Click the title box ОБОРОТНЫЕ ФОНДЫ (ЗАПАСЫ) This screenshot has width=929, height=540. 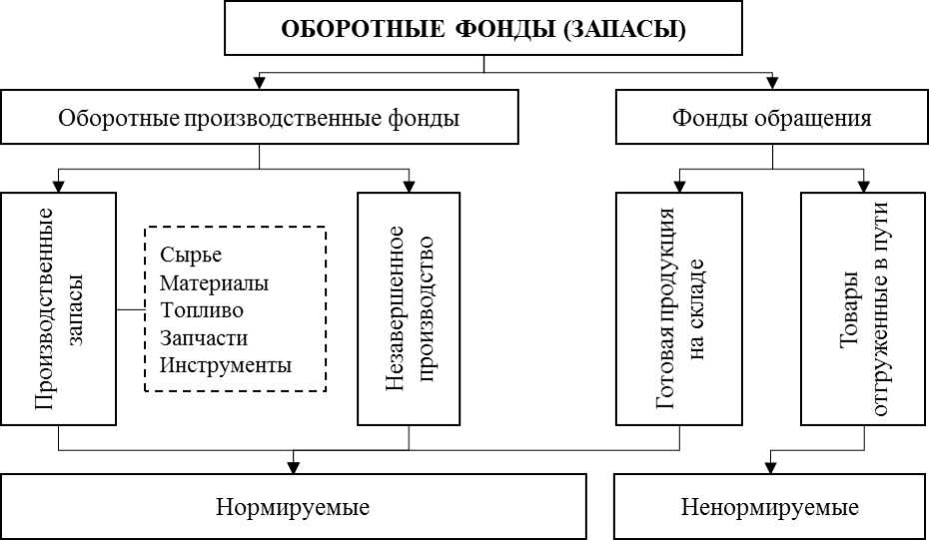click(x=483, y=28)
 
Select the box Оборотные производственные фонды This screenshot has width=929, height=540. click(x=259, y=118)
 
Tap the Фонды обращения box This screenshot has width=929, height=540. click(x=771, y=118)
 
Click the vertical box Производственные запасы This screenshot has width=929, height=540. click(x=59, y=308)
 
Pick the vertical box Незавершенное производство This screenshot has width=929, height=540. click(x=409, y=308)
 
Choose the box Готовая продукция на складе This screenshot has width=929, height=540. click(x=679, y=308)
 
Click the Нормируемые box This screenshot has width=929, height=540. click(x=293, y=506)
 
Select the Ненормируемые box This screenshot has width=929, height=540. click(x=770, y=506)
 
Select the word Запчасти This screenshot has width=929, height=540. click(x=204, y=337)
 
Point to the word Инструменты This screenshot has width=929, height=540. click(x=226, y=364)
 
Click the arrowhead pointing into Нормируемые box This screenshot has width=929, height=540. click(x=293, y=464)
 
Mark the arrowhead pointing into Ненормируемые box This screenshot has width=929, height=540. click(x=770, y=464)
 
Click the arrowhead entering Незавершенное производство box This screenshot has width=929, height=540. click(x=409, y=184)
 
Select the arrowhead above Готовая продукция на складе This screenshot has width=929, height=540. click(x=679, y=184)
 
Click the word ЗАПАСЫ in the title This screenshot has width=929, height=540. click(x=624, y=28)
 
